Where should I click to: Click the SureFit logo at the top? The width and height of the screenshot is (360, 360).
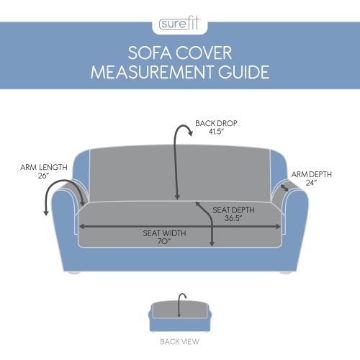(x=179, y=24)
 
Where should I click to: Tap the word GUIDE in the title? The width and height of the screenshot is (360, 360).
(x=243, y=72)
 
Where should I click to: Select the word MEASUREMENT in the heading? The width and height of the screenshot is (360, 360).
(x=153, y=72)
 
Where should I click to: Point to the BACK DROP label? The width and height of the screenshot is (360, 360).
(x=216, y=123)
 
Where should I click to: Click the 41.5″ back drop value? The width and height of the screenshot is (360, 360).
(x=216, y=132)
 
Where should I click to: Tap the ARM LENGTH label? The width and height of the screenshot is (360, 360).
(x=44, y=167)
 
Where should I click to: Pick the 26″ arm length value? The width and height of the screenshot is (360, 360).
(x=43, y=176)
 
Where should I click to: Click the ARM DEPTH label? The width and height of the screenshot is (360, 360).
(x=312, y=174)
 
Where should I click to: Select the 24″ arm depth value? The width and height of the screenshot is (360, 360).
(x=311, y=183)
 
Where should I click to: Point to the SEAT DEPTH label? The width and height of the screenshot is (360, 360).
(x=233, y=210)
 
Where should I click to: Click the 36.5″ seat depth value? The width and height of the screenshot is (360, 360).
(x=233, y=218)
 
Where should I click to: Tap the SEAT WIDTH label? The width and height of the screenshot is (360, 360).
(x=164, y=233)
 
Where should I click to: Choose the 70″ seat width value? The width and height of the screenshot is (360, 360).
(x=164, y=241)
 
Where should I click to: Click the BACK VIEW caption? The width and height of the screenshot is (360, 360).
(x=179, y=341)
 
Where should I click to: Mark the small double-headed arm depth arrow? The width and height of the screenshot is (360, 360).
(x=284, y=187)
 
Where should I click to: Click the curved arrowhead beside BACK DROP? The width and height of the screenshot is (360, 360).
(x=190, y=132)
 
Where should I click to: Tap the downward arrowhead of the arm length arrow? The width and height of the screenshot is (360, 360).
(x=46, y=212)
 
